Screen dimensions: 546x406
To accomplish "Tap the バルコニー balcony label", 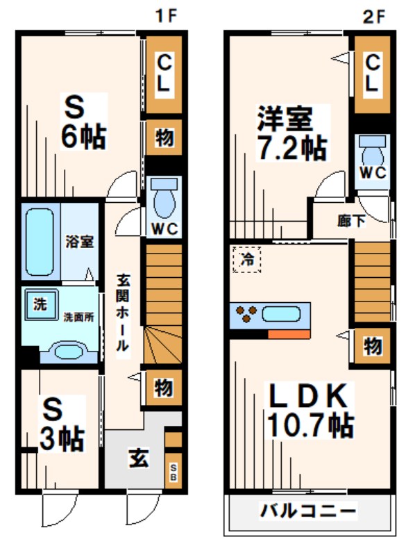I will point(307,512).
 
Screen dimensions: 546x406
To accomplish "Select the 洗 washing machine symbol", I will point(40,304).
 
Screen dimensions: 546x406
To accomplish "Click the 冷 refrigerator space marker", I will point(247,260).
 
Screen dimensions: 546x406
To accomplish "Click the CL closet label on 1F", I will point(163,75).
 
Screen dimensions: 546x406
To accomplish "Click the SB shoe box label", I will point(174,473).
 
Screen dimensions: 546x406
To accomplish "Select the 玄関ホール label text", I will point(123,313).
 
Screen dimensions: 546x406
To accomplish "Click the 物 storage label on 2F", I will point(372,345).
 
